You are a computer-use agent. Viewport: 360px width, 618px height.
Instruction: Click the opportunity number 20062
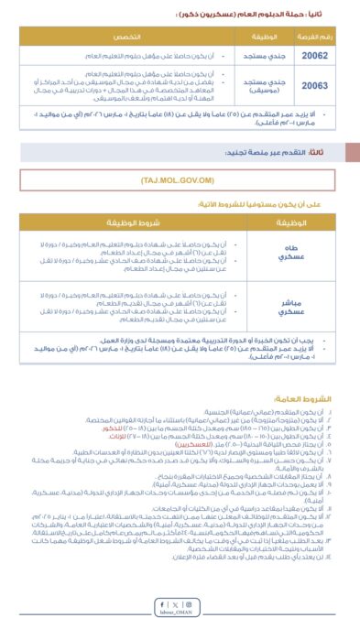(x=308, y=55)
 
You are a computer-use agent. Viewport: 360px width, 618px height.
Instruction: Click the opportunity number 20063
(x=308, y=85)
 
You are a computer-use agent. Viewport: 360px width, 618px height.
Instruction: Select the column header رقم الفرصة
(x=308, y=35)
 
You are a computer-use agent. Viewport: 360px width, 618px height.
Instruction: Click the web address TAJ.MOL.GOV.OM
(x=178, y=180)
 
